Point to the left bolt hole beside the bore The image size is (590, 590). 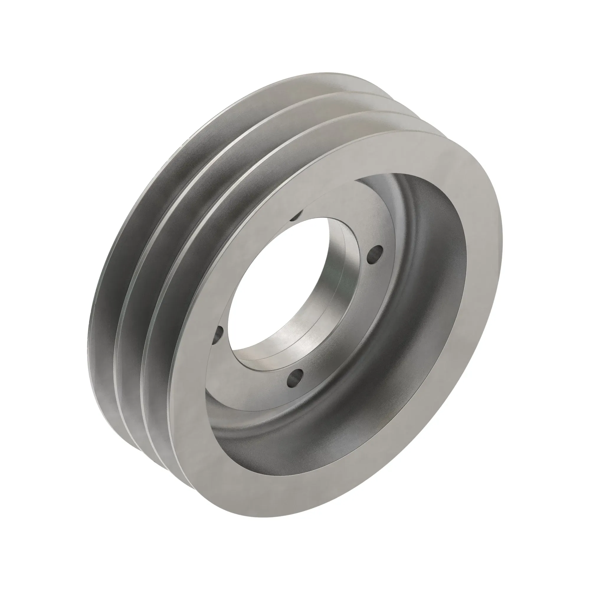point(219,332)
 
